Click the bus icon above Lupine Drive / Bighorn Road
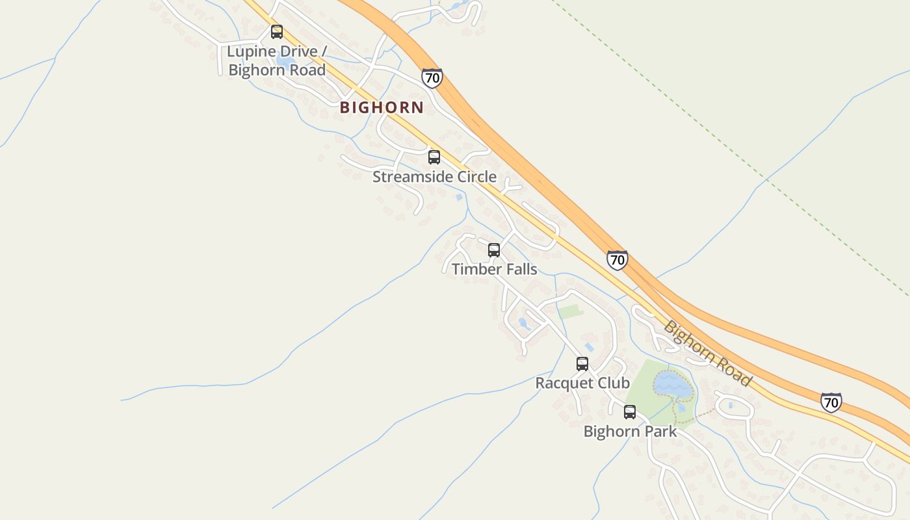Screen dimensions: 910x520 (277, 32)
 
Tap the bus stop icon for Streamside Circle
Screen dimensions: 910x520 (434, 157)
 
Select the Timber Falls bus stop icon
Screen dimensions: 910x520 (494, 250)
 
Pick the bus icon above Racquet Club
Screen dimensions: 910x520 (582, 364)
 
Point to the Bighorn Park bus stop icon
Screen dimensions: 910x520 (630, 411)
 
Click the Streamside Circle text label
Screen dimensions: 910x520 (434, 177)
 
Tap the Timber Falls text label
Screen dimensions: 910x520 (494, 269)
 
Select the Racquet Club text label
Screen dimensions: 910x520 (582, 383)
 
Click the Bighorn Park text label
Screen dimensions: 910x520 (630, 431)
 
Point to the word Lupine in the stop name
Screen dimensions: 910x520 (249, 52)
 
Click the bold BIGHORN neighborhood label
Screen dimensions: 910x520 (382, 108)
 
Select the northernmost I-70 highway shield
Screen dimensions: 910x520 (432, 78)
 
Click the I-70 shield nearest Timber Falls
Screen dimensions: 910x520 (617, 260)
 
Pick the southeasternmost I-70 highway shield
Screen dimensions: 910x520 (831, 402)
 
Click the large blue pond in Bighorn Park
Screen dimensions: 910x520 (673, 384)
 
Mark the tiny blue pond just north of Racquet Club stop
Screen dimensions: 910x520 (590, 347)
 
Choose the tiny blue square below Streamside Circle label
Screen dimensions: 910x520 (460, 196)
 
